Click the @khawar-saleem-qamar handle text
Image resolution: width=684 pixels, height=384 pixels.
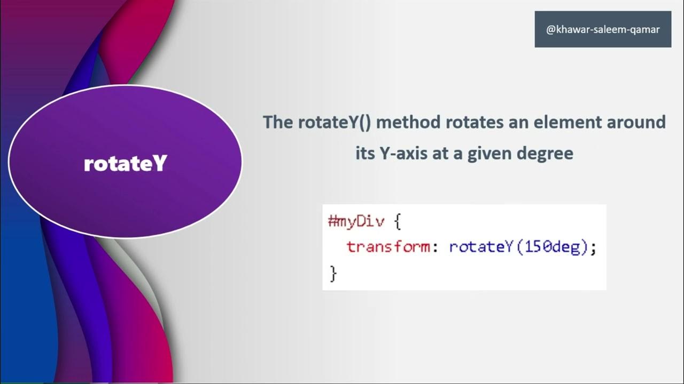coord(603,29)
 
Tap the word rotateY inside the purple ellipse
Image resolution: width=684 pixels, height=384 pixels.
coord(126,164)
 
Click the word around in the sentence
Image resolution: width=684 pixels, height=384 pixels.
coord(640,123)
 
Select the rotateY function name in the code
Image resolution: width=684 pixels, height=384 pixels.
coord(481,247)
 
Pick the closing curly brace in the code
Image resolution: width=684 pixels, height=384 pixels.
coord(333,274)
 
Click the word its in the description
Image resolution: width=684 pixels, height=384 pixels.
coord(366,154)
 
